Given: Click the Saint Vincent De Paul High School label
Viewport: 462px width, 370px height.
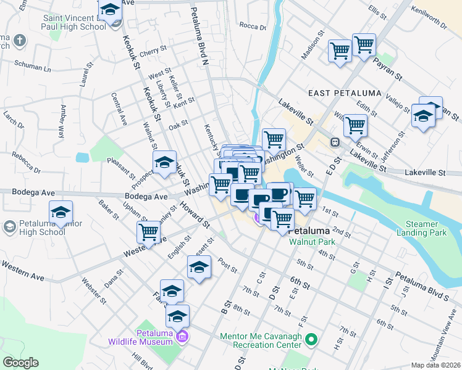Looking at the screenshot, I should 74,23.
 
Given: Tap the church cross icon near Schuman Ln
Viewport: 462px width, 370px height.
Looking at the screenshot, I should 20,41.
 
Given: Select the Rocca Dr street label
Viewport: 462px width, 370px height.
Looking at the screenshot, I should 252,27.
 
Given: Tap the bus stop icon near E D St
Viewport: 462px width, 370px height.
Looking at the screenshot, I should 335,142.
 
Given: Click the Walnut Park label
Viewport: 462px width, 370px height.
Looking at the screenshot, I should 313,242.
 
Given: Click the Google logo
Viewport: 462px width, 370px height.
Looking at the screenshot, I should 21,363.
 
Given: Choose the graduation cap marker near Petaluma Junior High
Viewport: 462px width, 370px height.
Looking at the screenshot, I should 61,212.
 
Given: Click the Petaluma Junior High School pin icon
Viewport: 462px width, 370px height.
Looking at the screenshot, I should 9,227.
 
